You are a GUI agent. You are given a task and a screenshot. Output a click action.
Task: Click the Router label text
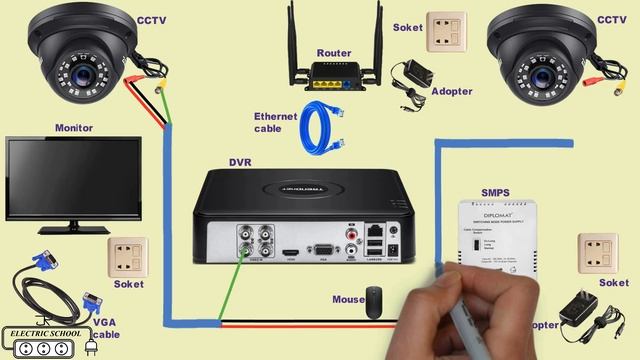pyautogui.click(x=333, y=52)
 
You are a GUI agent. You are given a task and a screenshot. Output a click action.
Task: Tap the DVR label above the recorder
pyautogui.click(x=240, y=162)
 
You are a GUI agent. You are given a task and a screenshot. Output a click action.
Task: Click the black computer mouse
pyautogui.click(x=373, y=302)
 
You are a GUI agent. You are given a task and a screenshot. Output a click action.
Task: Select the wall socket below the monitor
pyautogui.click(x=127, y=257)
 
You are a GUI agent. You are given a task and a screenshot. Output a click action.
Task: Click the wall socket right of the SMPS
pyautogui.click(x=597, y=254)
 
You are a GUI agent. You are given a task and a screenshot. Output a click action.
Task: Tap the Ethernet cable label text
pyautogui.click(x=276, y=122)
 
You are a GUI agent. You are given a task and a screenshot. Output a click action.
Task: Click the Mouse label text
pyautogui.click(x=348, y=299)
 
